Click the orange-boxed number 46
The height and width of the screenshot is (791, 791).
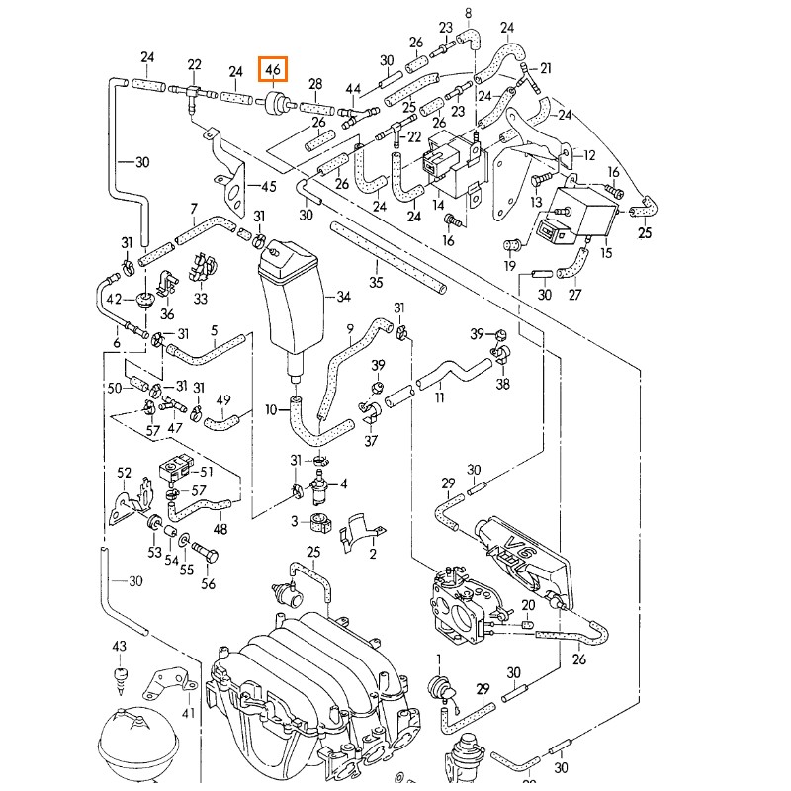tap(274, 70)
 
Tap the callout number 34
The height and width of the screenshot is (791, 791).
tap(344, 297)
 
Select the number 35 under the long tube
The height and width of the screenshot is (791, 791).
tap(376, 283)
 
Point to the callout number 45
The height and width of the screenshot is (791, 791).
tap(268, 187)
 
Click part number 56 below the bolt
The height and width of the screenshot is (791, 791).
tap(208, 584)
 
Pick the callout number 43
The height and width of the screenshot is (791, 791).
tap(119, 646)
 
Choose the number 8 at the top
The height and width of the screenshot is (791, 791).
tap(469, 12)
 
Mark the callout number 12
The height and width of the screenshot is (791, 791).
tap(590, 155)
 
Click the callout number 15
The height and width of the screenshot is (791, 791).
tap(607, 253)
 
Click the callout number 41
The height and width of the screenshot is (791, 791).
tap(188, 711)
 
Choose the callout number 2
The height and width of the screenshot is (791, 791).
tap(373, 554)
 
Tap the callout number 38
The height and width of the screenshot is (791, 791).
tap(503, 384)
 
